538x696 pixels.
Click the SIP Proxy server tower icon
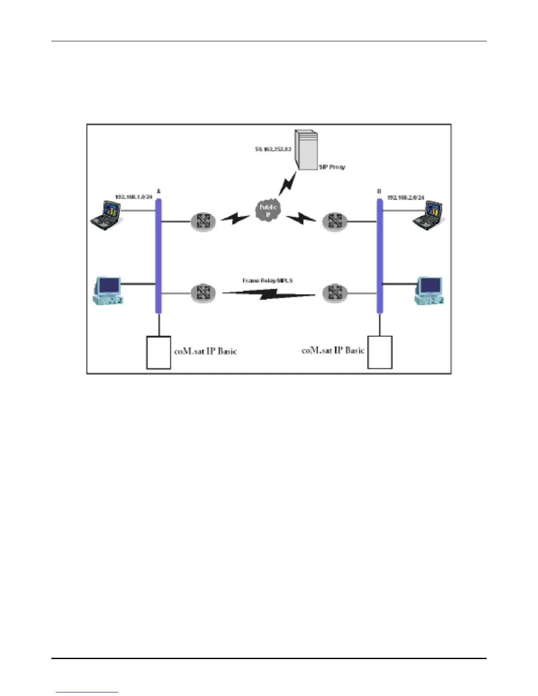pos(306,149)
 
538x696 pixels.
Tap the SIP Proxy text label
pos(332,167)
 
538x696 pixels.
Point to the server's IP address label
pos(273,149)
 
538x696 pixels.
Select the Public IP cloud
pos(268,210)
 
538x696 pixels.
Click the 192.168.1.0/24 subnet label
pos(134,197)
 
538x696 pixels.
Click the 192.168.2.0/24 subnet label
pos(406,198)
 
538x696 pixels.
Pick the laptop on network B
pos(428,216)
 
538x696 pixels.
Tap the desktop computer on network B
pos(429,291)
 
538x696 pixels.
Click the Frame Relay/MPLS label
pos(268,280)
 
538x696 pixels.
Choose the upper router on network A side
pos(203,221)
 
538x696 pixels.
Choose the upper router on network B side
pos(335,221)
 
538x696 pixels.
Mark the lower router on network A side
pos(203,293)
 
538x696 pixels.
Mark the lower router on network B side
pos(335,293)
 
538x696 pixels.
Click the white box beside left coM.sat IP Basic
pos(159,352)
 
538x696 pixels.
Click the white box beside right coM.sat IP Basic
pos(380,352)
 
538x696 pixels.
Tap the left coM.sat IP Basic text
pos(206,352)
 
